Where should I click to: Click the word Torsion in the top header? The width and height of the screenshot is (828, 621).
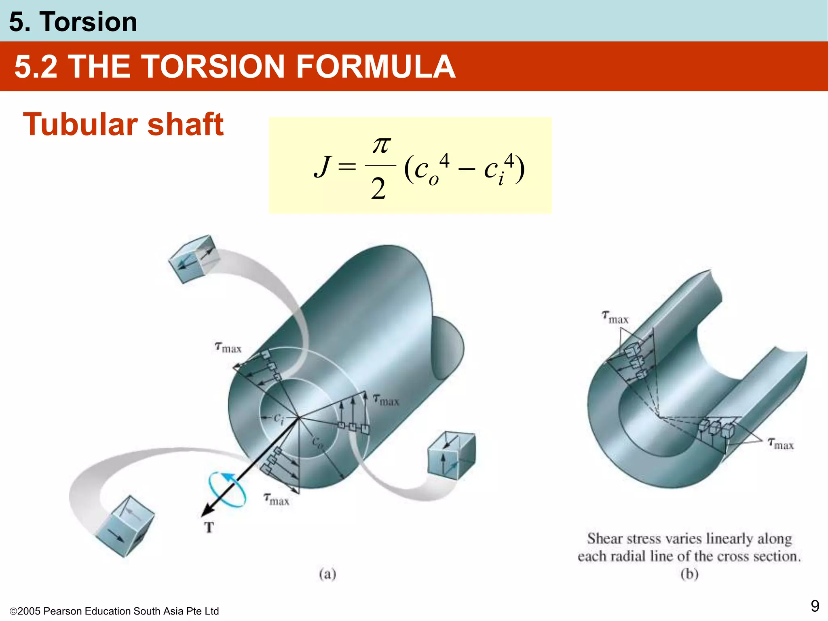point(88,22)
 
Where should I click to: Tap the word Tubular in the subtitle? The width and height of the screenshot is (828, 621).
point(80,125)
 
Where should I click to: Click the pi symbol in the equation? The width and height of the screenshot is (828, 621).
point(381,145)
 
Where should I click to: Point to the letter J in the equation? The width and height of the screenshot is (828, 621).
point(322,167)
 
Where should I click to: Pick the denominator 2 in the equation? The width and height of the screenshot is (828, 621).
point(378,189)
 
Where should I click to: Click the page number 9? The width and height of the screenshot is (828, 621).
point(815,606)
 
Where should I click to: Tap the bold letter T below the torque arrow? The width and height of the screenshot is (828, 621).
point(209,528)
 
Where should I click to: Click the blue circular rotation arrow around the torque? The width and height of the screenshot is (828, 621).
point(227,489)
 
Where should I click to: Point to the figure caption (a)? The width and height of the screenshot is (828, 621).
point(327,574)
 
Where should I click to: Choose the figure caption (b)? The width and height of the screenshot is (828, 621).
point(689,574)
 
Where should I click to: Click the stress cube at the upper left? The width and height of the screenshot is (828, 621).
point(194,259)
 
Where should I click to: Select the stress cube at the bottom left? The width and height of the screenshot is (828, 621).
point(125,526)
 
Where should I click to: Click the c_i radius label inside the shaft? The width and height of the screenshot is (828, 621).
point(279,418)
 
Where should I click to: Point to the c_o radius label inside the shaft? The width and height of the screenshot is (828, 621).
point(318,443)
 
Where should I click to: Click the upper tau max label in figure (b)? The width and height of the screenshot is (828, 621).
point(615,317)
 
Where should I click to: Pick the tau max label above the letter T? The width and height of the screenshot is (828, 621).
point(277,499)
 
